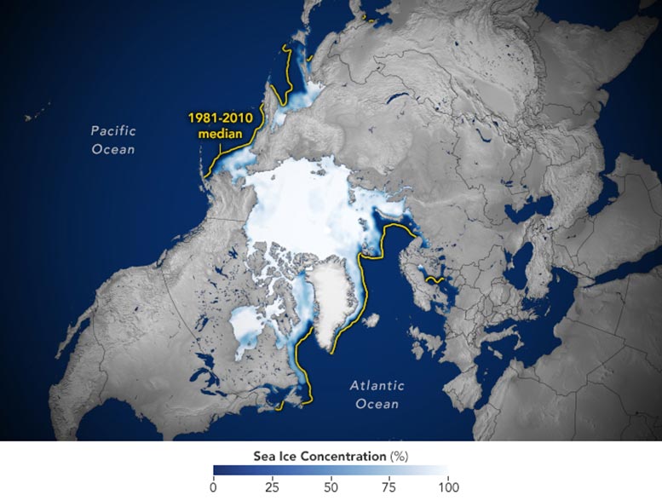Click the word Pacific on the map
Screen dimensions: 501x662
coord(113,131)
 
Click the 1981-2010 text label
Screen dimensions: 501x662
coord(215,119)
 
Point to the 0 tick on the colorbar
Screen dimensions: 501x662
coord(213,487)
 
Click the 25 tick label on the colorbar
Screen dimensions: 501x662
coord(271,487)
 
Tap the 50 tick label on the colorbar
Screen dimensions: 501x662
coord(330,487)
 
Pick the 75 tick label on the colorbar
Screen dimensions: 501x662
coord(389,487)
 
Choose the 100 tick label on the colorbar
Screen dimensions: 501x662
coord(446,487)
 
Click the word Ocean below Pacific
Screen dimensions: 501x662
coord(114,149)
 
